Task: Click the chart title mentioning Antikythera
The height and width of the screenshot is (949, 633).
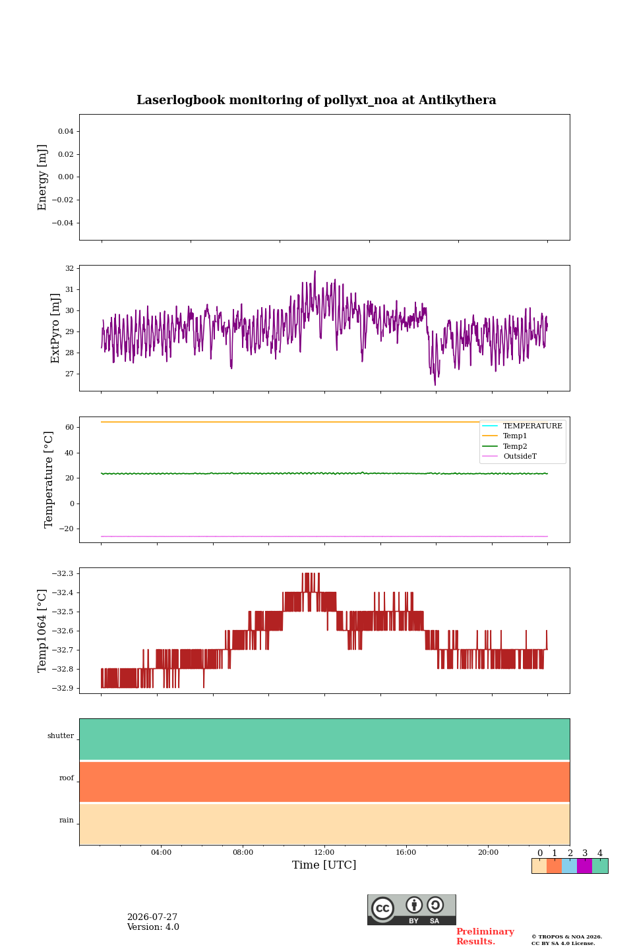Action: point(316,100)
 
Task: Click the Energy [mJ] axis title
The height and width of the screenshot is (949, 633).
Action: point(42,177)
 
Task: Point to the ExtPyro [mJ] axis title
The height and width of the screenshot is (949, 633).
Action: point(55,328)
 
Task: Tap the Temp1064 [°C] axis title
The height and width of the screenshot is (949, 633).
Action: point(42,631)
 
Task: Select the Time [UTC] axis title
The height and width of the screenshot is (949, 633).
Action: point(324,864)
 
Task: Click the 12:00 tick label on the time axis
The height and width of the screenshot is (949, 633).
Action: point(324,852)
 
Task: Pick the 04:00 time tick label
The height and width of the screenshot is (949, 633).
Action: point(161,852)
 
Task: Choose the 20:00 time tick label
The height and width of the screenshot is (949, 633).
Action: point(488,852)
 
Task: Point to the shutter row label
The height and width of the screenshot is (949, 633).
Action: point(61,735)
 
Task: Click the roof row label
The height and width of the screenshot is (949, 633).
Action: point(67,778)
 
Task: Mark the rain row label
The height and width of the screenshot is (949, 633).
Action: point(67,820)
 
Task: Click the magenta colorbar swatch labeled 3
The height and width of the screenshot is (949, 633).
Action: point(584,866)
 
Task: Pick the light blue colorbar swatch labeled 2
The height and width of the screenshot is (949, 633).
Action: point(570,866)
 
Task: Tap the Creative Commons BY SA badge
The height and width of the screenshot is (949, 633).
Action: point(411,909)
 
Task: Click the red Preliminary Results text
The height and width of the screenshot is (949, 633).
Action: point(485,936)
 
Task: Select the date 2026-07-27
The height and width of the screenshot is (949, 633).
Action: point(152,917)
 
